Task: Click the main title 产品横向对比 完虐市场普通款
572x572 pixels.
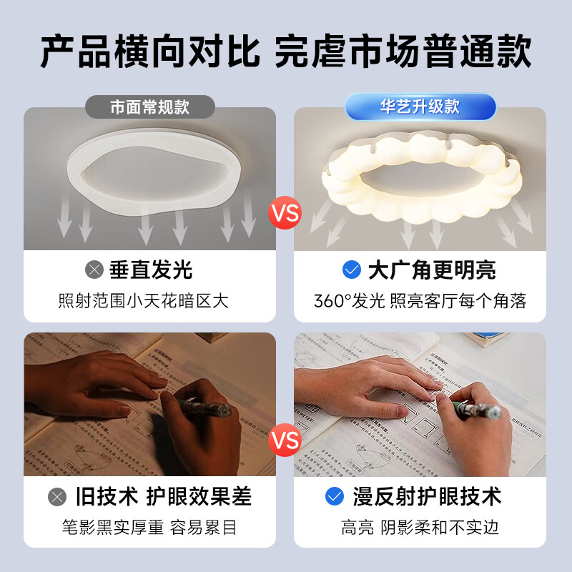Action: click(x=286, y=51)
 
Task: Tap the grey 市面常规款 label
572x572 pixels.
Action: click(x=150, y=107)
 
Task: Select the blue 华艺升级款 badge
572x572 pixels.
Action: click(x=420, y=107)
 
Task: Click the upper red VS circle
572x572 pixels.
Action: click(x=285, y=213)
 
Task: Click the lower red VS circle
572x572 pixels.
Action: click(x=285, y=440)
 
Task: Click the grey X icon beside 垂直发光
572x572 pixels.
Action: click(x=94, y=270)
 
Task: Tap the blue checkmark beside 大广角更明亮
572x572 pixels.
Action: click(x=352, y=270)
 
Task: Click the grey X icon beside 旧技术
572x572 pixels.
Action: click(x=57, y=496)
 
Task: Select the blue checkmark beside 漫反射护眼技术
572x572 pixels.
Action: click(x=335, y=496)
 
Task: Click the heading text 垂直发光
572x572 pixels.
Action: click(x=151, y=270)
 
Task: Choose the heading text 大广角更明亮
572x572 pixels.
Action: click(x=432, y=270)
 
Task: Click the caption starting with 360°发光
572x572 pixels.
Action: click(x=420, y=300)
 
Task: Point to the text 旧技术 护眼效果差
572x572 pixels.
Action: click(x=164, y=496)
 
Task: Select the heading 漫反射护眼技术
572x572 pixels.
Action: click(x=427, y=496)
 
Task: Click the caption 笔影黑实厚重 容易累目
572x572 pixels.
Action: click(x=149, y=528)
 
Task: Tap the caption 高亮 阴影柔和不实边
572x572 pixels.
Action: click(x=420, y=528)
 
